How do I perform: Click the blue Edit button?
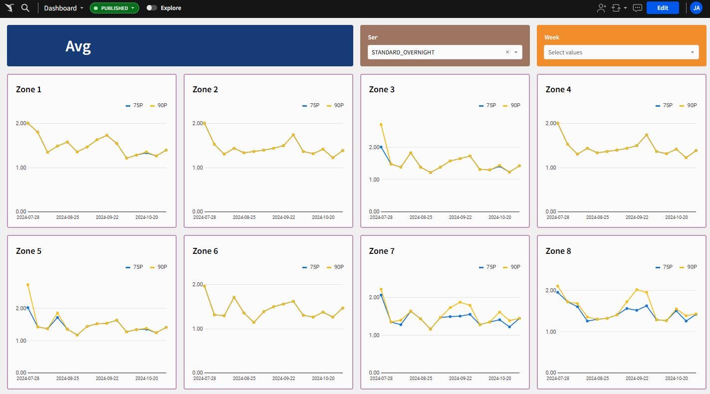[x=662, y=8]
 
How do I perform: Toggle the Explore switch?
[x=152, y=8]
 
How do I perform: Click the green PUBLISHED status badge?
[x=114, y=8]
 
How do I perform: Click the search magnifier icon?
[x=25, y=8]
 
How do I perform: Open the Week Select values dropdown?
[x=621, y=52]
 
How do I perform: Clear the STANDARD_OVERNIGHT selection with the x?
[x=507, y=52]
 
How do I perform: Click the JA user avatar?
[x=696, y=8]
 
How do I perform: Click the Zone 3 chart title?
[x=382, y=90]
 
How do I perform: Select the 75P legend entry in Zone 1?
[x=135, y=106]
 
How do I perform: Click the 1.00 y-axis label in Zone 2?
[x=198, y=168]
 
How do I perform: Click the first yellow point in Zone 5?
[x=28, y=285]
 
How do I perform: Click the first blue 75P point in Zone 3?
[x=381, y=147]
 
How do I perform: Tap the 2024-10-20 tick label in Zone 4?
[x=677, y=217]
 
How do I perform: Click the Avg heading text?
[x=78, y=46]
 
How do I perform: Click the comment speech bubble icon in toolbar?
[x=637, y=8]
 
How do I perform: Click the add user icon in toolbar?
[x=601, y=8]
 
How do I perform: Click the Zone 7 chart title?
[x=382, y=251]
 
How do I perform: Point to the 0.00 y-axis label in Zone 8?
[x=551, y=373]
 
